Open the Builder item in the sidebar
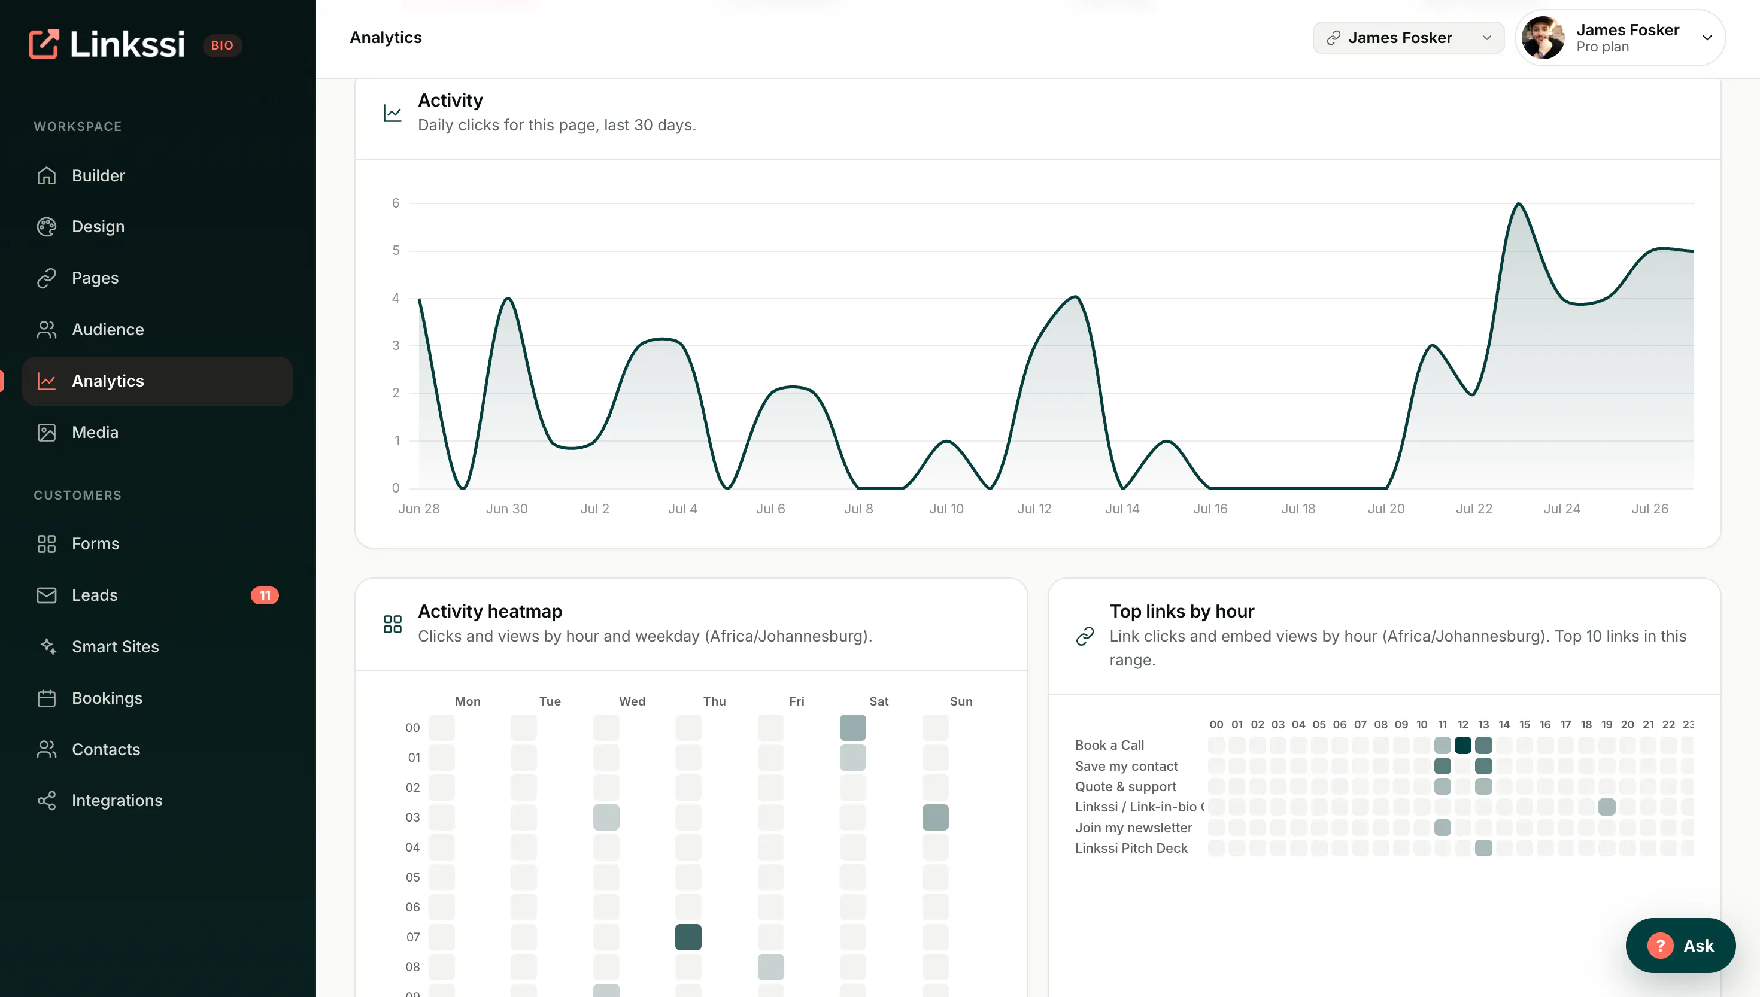point(98,176)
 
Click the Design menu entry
point(98,227)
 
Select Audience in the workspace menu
point(108,329)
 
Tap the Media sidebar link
point(95,432)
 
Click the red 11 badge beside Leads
point(265,595)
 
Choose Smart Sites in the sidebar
point(115,646)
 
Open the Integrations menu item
point(116,801)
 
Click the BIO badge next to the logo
point(222,45)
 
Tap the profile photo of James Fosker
point(1543,38)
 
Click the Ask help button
point(1680,946)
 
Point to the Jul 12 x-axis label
point(1034,509)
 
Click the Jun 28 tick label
point(419,509)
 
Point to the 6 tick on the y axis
point(396,203)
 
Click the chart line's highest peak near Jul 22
point(1519,203)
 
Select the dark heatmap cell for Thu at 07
point(688,937)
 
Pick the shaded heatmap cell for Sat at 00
point(852,727)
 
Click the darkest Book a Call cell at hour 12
point(1463,745)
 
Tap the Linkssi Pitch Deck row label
point(1131,849)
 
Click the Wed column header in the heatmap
point(632,701)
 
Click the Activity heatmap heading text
point(490,611)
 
